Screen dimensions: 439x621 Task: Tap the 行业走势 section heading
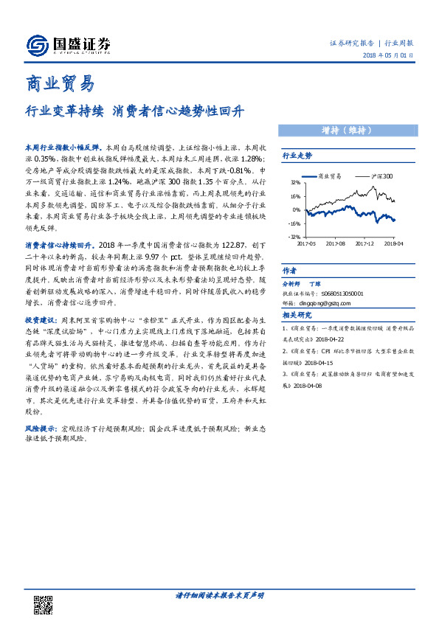(297, 156)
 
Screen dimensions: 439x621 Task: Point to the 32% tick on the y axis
(294, 181)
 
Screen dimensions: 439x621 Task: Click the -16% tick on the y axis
(294, 223)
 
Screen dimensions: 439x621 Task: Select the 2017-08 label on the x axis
(335, 243)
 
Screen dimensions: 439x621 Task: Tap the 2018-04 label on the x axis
(393, 243)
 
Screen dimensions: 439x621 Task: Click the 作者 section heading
(290, 270)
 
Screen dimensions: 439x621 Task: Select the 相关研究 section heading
(297, 314)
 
